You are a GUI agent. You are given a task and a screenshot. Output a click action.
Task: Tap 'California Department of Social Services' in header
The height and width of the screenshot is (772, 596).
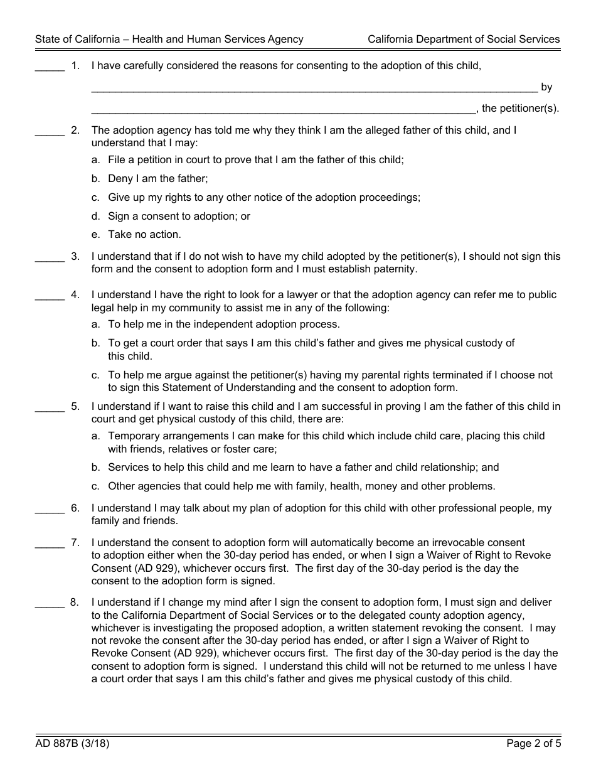coord(464,39)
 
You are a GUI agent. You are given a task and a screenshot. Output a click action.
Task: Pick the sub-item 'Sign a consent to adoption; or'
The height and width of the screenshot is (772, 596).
coord(179,216)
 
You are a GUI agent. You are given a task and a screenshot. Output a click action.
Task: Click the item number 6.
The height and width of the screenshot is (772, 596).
coord(75,508)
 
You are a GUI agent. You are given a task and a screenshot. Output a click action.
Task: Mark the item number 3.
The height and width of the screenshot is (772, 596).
coord(75,256)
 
